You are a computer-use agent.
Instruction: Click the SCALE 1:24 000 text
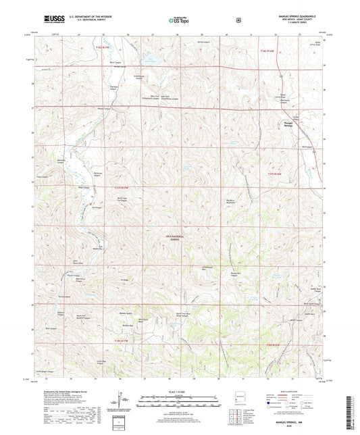click(x=179, y=392)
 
